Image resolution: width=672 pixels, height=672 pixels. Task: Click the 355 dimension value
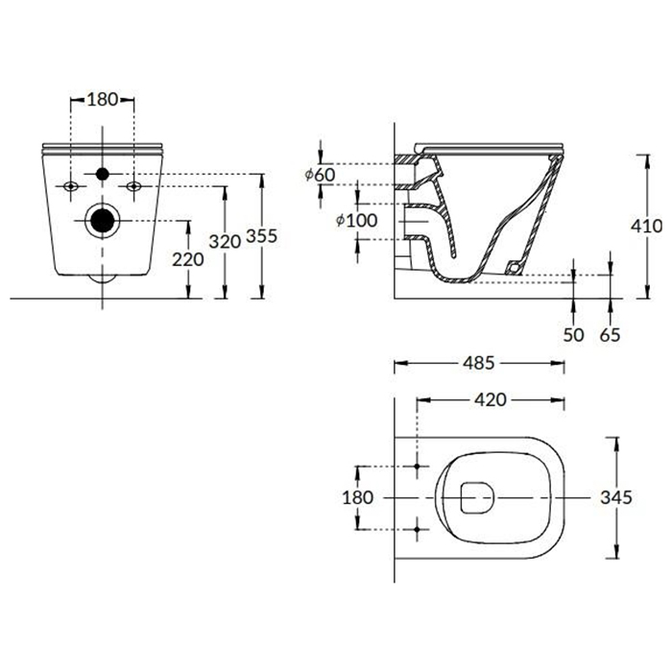coord(262,236)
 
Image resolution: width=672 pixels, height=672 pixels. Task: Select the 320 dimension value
coord(225,242)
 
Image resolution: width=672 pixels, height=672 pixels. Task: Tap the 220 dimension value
coord(188,259)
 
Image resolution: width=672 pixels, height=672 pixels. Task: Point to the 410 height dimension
coord(646,226)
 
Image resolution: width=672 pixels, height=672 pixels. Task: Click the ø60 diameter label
coord(320,175)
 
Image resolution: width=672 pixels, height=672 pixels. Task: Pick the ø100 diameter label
coord(356,220)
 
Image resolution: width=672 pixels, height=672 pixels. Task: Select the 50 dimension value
coord(573,335)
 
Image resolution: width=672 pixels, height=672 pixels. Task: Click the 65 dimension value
coord(610,335)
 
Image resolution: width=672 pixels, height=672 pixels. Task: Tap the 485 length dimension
coord(479,363)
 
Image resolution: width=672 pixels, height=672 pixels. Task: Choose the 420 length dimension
coord(491,400)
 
